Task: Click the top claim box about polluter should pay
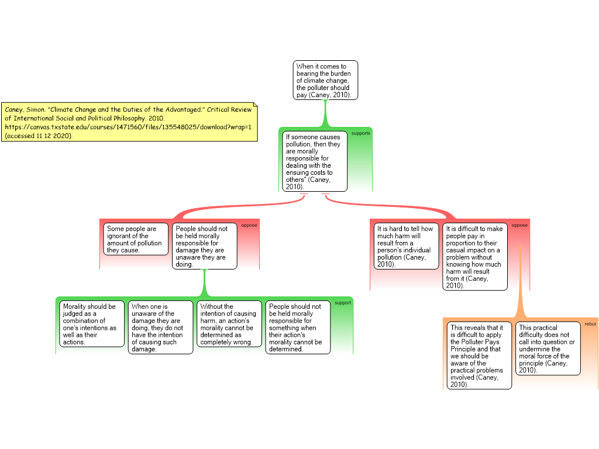pyautogui.click(x=325, y=80)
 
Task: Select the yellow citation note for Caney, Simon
pyautogui.click(x=129, y=122)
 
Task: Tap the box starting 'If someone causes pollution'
pyautogui.click(x=315, y=161)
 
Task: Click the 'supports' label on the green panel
pyautogui.click(x=360, y=133)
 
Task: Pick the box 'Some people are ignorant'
pyautogui.click(x=136, y=239)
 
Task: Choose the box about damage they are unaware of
pyautogui.click(x=205, y=246)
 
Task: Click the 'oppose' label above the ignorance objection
pyautogui.click(x=249, y=225)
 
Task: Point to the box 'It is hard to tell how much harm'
pyautogui.click(x=406, y=246)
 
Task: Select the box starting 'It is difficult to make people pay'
pyautogui.click(x=474, y=257)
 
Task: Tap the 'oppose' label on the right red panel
pyautogui.click(x=519, y=225)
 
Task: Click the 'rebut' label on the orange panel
pyautogui.click(x=590, y=323)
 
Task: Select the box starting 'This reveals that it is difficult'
pyautogui.click(x=479, y=355)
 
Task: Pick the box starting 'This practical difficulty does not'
pyautogui.click(x=548, y=348)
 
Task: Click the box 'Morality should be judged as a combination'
pyautogui.click(x=92, y=324)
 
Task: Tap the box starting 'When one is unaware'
pyautogui.click(x=160, y=327)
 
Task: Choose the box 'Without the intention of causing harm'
pyautogui.click(x=229, y=324)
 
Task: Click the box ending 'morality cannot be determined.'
pyautogui.click(x=298, y=327)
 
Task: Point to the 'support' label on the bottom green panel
pyautogui.click(x=343, y=303)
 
